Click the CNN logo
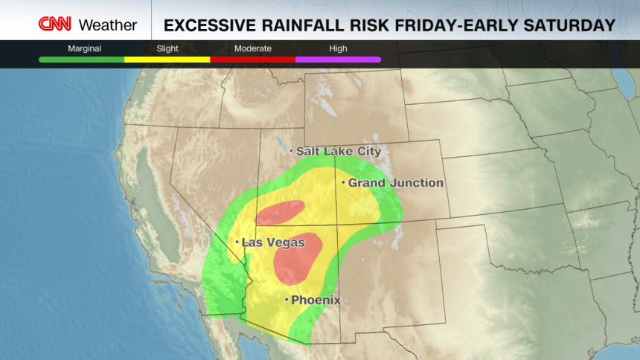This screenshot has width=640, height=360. coord(55,25)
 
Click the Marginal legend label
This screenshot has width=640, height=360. coord(84,48)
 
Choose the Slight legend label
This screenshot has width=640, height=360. coord(167,48)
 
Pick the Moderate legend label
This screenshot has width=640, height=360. coord(252,48)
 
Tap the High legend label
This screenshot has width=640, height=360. coord(338,48)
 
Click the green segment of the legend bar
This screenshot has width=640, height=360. coord(82,59)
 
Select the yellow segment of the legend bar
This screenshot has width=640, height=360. coord(167,59)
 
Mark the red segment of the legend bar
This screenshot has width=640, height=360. coord(252,59)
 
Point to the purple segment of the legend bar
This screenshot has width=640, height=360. coord(338,59)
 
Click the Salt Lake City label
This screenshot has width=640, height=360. coord(339,151)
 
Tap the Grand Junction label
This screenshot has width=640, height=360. coord(396,183)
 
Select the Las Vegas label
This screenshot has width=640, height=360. coord(273,242)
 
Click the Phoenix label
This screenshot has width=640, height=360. coord(316,300)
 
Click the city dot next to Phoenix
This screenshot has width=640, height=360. coord(287,300)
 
